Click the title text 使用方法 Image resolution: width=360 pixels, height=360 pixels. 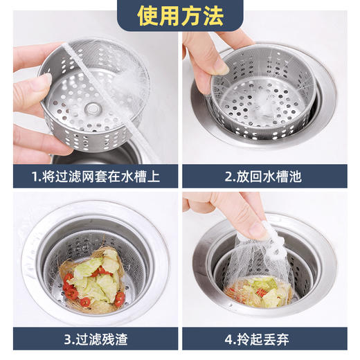(180, 15)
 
